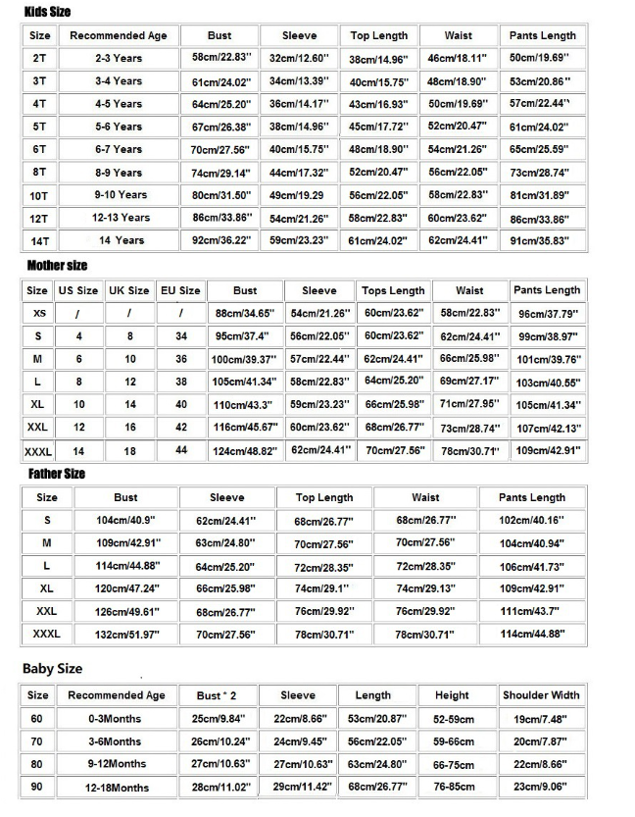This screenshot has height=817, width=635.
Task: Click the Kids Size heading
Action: point(47,11)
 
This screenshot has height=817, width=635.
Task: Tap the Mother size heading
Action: point(57,265)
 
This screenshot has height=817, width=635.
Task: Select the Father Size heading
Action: point(56,473)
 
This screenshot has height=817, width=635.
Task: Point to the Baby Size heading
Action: point(52,668)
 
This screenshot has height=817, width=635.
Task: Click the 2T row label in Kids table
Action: point(39,59)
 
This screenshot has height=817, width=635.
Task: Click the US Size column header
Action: point(78,290)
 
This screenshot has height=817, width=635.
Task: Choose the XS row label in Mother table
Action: point(38,313)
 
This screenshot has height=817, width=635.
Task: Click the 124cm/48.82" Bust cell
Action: point(245,450)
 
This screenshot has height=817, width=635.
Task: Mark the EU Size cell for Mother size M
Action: point(180,359)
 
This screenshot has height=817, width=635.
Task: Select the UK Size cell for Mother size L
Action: point(129,382)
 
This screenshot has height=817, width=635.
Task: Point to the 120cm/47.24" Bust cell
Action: point(125,588)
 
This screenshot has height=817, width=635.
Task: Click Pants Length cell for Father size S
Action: point(532,521)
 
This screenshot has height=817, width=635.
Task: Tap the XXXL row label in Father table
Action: point(46,635)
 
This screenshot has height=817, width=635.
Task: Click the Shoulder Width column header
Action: point(541,695)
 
